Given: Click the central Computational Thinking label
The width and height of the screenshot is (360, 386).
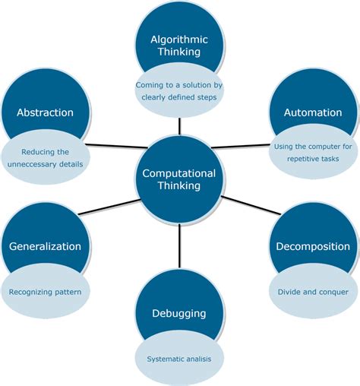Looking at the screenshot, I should pyautogui.click(x=179, y=179).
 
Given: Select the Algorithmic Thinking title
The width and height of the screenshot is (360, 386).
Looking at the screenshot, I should pyautogui.click(x=179, y=46).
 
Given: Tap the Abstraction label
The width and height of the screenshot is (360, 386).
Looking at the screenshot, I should pyautogui.click(x=45, y=112).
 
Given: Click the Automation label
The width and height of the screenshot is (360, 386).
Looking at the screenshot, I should pyautogui.click(x=313, y=112).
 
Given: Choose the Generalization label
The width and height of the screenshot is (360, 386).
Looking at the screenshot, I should pyautogui.click(x=45, y=246).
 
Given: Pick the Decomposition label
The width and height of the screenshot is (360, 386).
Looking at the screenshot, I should pyautogui.click(x=313, y=246).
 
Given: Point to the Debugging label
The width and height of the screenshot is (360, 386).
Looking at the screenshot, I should pyautogui.click(x=179, y=313).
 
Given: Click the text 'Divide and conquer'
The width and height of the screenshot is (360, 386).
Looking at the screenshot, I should pyautogui.click(x=313, y=291).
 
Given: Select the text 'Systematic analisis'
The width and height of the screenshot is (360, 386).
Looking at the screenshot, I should pyautogui.click(x=179, y=359).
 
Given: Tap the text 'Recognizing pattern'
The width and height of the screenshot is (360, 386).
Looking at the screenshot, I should pyautogui.click(x=45, y=291).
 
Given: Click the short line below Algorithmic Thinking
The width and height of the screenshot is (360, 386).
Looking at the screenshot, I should pyautogui.click(x=180, y=124).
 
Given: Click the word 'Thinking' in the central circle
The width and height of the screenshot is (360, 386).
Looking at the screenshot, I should pyautogui.click(x=179, y=187).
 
